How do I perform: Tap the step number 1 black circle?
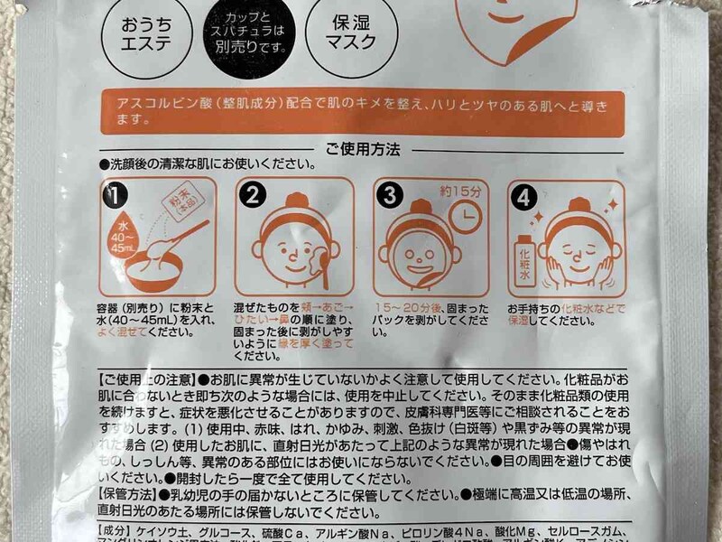114,192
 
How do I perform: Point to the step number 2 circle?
252,194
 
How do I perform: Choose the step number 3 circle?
389,193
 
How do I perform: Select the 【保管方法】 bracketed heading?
127,494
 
